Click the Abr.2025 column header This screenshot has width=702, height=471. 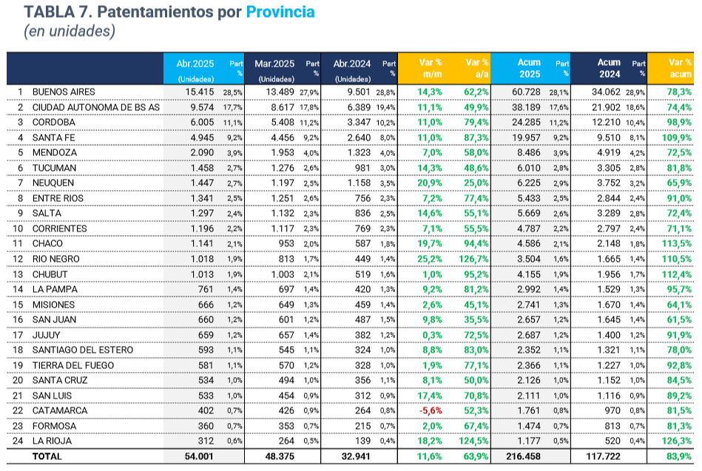(195, 64)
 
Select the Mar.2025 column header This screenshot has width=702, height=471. (274, 64)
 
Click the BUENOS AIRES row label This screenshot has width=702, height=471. (64, 92)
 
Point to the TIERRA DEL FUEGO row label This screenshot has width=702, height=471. (72, 365)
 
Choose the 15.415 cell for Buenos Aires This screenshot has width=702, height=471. (198, 92)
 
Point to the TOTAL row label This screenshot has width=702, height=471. (47, 457)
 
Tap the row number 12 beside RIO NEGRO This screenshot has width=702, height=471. (21, 259)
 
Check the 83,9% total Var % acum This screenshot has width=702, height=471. (677, 457)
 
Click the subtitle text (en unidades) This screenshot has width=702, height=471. (70, 32)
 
